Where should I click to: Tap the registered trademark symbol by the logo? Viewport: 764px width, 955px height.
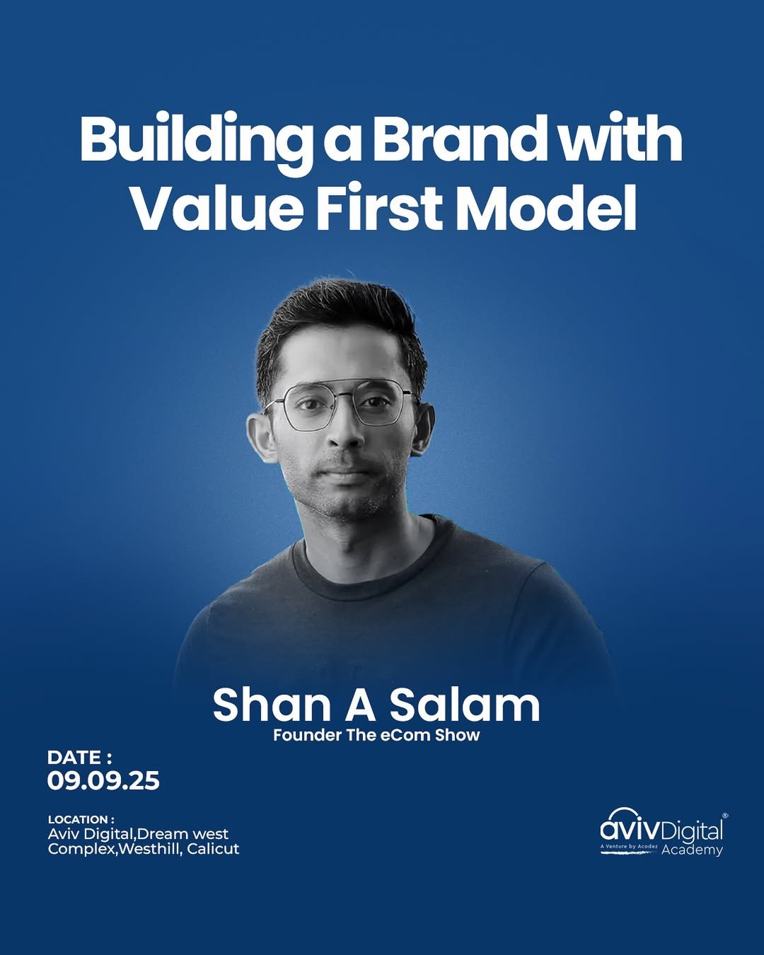[725, 816]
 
